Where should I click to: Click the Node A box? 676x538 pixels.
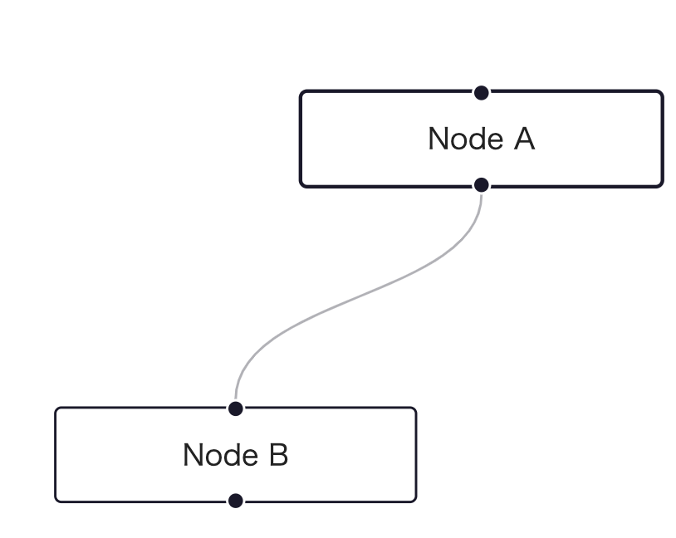pos(481,139)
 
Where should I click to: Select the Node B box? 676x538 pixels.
pos(235,455)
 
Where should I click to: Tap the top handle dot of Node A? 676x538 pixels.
pos(481,93)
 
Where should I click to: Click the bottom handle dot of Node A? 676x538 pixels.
pos(481,185)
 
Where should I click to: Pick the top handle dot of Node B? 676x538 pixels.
pos(235,408)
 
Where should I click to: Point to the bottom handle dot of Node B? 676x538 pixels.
pos(235,501)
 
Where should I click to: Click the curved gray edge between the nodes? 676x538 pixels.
pos(359,296)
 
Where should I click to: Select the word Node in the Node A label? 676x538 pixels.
pos(466,139)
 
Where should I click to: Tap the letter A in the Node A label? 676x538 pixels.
pos(524,139)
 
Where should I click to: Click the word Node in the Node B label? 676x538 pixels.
pos(221,455)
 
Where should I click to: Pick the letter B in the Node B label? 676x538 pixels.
pos(278,455)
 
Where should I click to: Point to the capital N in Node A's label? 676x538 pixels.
pos(438,139)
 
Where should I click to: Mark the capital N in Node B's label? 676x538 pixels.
pos(193,455)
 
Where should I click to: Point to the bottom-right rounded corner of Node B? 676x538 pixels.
pos(414,500)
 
